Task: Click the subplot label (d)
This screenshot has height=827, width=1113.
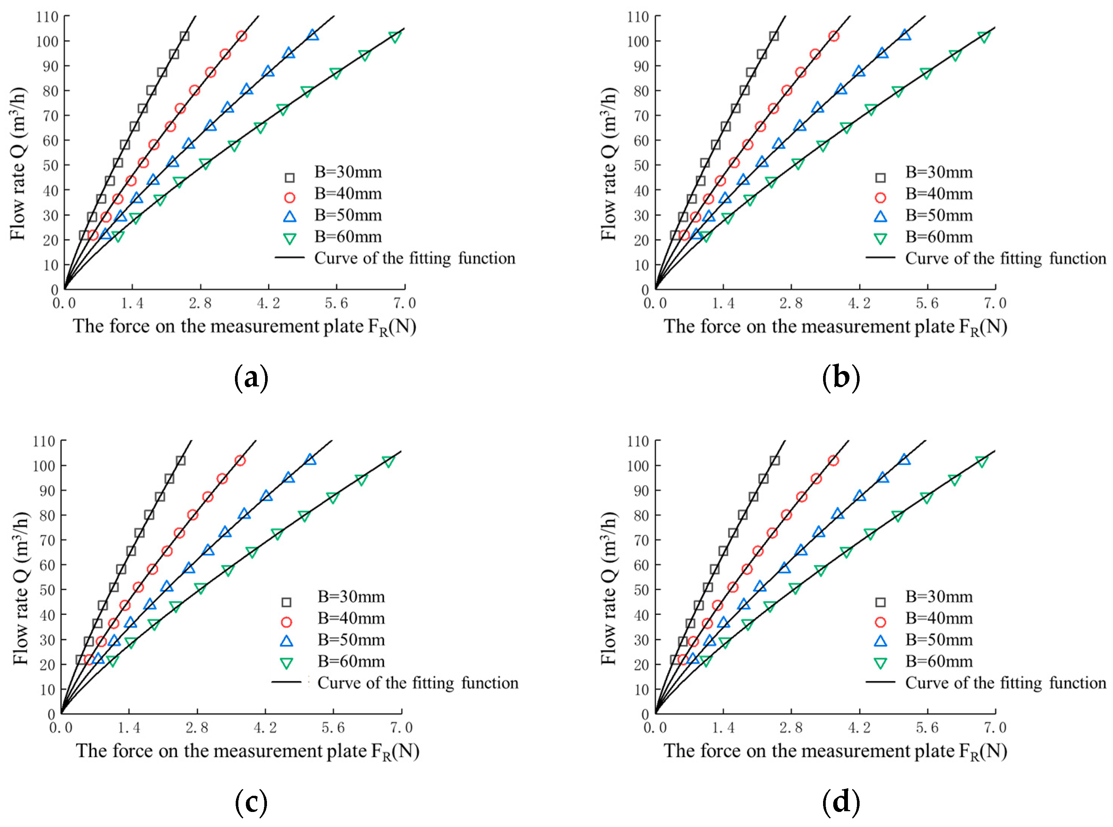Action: [841, 803]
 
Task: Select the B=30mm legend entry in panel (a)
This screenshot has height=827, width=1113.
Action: [348, 172]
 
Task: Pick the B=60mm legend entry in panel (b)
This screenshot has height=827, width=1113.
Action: [938, 237]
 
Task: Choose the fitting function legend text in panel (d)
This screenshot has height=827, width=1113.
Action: [1005, 683]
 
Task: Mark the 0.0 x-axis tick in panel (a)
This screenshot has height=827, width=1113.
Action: [64, 303]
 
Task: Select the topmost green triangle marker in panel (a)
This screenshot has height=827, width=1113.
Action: [395, 37]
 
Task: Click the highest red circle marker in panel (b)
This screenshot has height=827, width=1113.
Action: [834, 36]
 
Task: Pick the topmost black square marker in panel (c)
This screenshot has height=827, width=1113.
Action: [180, 461]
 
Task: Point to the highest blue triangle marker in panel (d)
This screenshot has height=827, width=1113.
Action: [904, 459]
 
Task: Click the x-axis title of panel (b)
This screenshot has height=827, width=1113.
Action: [835, 327]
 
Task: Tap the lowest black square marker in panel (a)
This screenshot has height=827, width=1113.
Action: [84, 235]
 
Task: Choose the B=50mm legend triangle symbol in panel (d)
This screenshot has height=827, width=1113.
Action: [880, 641]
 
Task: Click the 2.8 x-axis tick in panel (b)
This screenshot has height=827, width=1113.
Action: [791, 303]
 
